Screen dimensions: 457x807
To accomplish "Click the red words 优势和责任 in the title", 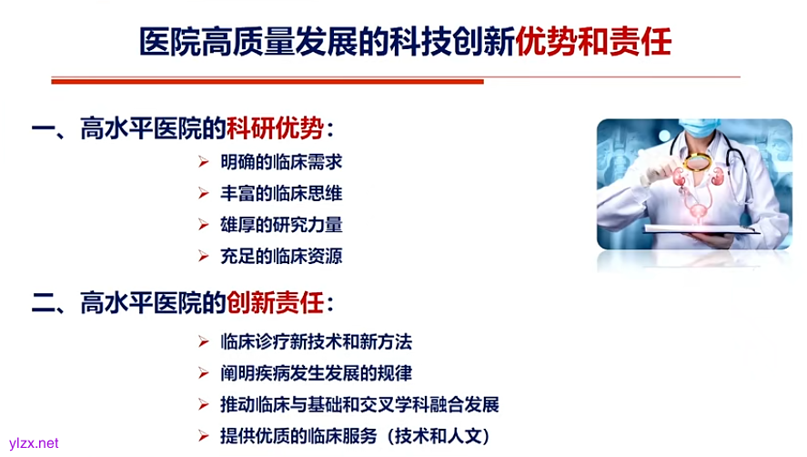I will tap(593, 42).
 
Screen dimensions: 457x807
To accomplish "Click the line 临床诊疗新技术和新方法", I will tap(316, 342).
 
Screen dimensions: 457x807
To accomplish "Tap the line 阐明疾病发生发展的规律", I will tap(316, 373).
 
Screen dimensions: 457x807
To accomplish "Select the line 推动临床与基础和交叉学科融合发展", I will tap(359, 404).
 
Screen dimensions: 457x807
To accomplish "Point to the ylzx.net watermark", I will tap(30, 443).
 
